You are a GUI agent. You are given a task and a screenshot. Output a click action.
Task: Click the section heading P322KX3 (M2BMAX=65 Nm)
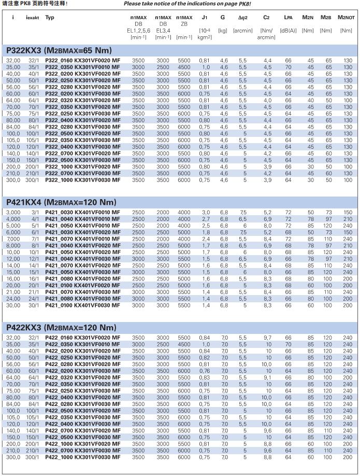59,50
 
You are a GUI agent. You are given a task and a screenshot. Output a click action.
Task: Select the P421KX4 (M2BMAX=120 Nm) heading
61,202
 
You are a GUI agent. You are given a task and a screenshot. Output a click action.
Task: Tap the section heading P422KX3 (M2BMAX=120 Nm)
61,328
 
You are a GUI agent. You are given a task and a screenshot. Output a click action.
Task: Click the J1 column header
205,18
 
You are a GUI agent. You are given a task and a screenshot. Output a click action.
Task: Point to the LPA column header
288,18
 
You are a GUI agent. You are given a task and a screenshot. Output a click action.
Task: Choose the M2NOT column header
345,18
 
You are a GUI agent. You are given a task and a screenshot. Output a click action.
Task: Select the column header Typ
50,18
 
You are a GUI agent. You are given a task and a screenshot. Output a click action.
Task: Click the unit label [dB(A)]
288,31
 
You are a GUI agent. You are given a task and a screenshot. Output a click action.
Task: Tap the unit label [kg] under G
223,31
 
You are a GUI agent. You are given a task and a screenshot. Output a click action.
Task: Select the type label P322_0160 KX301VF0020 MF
83,61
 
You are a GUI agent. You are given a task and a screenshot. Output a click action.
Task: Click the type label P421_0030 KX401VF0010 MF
83,213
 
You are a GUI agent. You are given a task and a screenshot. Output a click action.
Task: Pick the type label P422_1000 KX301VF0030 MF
83,457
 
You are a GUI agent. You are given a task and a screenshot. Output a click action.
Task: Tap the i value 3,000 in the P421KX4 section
13,213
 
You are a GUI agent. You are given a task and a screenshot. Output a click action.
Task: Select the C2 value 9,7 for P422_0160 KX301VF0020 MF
267,338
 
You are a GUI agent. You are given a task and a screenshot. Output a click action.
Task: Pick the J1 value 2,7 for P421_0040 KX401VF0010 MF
206,219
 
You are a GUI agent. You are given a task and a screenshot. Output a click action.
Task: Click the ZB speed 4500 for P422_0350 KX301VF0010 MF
184,344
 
